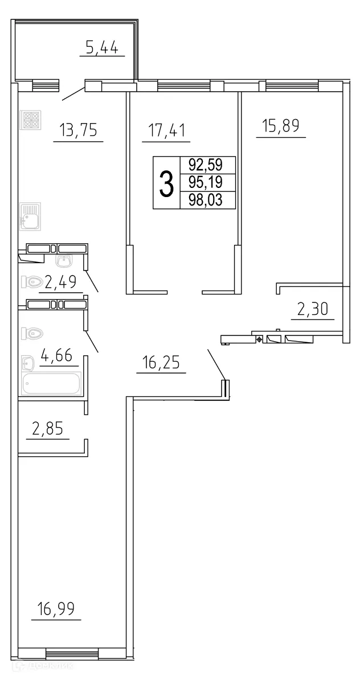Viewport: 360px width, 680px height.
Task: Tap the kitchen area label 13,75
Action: coord(78,131)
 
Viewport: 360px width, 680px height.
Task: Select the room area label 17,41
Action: coord(166,131)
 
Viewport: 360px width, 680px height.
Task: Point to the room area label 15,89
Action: coord(281,126)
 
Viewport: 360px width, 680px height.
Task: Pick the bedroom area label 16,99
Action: coord(56,609)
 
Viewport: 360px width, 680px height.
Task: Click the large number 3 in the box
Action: coord(166,183)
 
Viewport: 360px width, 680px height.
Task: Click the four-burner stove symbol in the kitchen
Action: coord(30,120)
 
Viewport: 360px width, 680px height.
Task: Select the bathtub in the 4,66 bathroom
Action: coord(52,383)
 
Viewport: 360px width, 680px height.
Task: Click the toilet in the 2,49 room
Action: coord(32,281)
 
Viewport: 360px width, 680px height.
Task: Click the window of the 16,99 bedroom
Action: coord(73,653)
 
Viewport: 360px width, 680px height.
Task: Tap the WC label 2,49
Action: coord(60,282)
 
